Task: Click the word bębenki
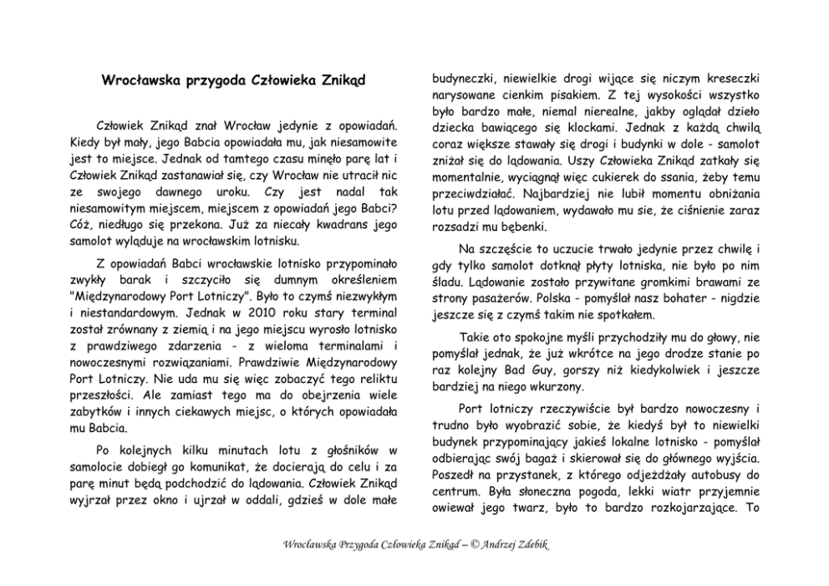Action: click(x=518, y=226)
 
